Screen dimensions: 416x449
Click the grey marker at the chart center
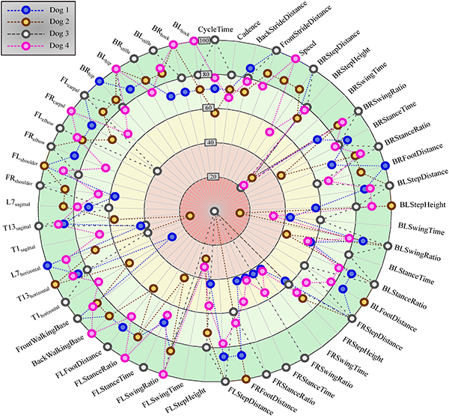214,211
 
